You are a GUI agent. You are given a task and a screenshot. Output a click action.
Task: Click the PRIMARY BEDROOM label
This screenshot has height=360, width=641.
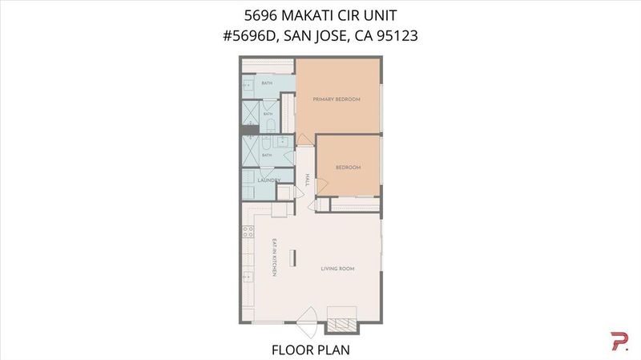coord(337,99)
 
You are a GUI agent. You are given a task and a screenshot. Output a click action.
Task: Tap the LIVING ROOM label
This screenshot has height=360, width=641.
coord(337,269)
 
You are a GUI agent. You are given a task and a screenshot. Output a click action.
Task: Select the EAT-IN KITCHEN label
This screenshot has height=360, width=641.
coord(275,257)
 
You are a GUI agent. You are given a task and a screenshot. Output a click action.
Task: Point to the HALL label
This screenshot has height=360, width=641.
coord(307,180)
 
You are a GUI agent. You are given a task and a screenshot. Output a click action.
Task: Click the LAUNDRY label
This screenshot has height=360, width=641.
coord(269,180)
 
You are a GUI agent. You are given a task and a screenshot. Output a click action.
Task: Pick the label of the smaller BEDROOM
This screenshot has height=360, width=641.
coord(349,168)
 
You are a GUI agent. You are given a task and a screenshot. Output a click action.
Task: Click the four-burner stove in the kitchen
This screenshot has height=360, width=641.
coord(248,232)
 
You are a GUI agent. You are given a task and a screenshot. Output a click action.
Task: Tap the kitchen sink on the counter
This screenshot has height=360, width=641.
coord(248,277)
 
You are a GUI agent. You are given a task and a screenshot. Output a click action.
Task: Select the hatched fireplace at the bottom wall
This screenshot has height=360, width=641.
coord(342,325)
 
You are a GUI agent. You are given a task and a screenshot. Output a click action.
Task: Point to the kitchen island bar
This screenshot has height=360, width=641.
coord(292,257)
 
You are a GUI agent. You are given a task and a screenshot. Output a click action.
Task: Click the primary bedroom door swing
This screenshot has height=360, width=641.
coord(304,140)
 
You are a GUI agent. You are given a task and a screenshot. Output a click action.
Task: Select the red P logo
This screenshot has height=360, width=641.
coord(619,342)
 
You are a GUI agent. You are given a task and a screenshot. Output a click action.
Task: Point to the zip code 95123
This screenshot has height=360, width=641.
coord(397,35)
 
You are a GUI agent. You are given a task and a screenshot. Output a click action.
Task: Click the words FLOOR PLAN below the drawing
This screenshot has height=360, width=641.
coord(311,350)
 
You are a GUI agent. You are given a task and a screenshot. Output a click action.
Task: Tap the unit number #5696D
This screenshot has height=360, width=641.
coord(251,35)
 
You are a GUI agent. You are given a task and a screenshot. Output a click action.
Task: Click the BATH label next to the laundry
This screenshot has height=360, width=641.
coord(267,156)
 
